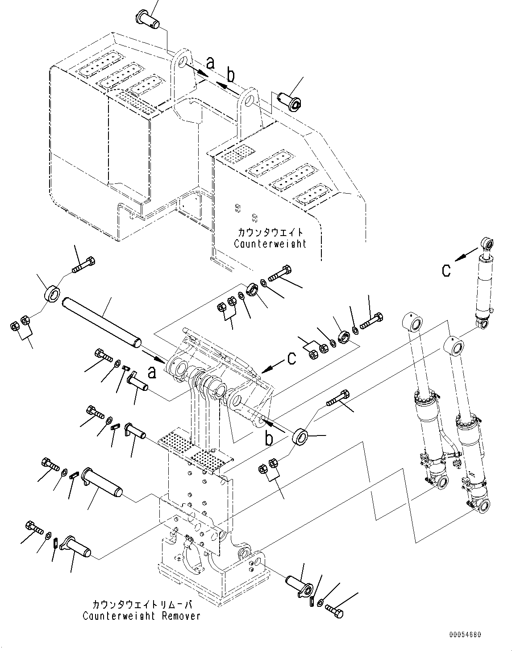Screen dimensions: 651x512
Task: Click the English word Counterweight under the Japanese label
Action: pyautogui.click(x=271, y=244)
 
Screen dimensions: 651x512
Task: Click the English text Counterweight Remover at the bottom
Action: pyautogui.click(x=142, y=616)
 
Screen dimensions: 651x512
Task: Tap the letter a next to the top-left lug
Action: pyautogui.click(x=210, y=63)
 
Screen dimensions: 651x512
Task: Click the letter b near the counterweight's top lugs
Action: pyautogui.click(x=230, y=76)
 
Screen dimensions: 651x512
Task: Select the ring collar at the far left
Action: pyautogui.click(x=52, y=294)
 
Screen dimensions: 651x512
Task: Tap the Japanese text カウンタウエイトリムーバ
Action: pyautogui.click(x=142, y=605)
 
